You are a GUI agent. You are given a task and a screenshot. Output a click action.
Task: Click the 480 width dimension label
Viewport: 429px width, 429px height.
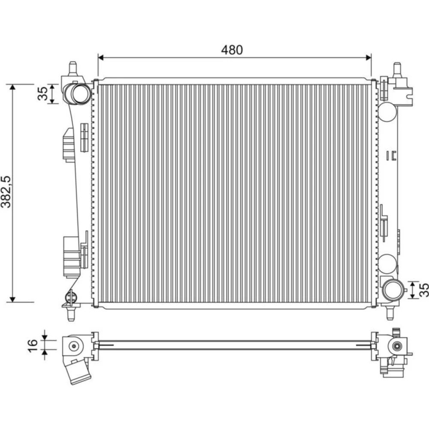click(232, 50)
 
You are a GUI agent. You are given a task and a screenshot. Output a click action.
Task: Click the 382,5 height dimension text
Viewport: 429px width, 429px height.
click(6, 192)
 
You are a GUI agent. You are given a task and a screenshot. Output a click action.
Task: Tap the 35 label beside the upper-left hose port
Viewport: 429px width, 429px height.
click(42, 94)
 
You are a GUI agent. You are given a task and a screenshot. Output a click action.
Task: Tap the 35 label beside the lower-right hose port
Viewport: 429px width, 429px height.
click(423, 290)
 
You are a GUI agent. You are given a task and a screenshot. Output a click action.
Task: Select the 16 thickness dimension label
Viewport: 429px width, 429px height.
click(32, 346)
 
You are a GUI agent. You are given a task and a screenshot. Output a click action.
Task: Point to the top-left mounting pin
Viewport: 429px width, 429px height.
click(73, 68)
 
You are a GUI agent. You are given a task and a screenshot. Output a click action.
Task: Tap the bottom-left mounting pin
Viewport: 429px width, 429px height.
click(71, 314)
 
